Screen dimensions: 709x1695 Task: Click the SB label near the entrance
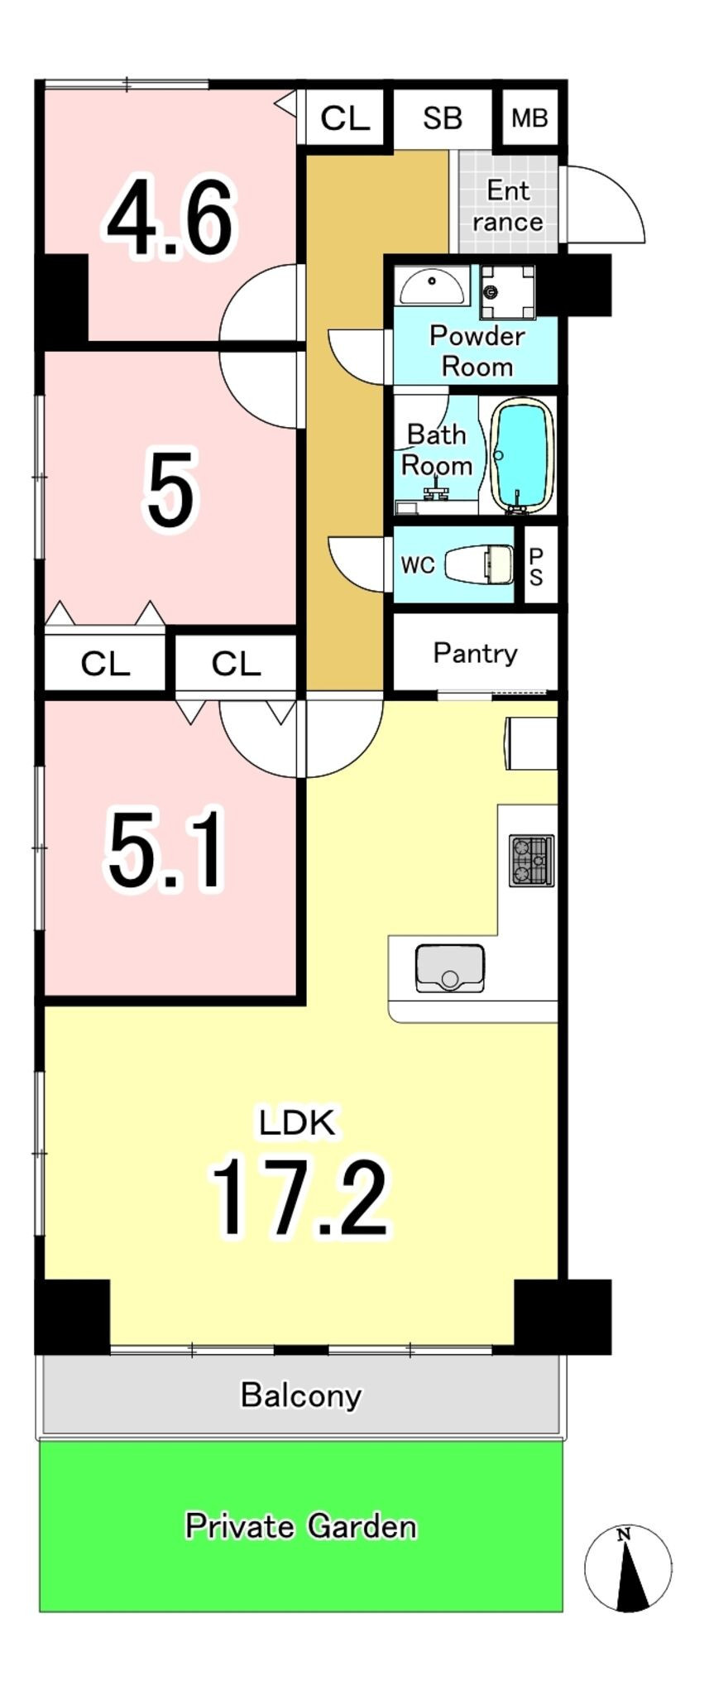(442, 118)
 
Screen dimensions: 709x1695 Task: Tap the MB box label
(529, 118)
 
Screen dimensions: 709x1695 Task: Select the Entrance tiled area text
(507, 206)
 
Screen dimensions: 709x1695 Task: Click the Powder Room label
(477, 350)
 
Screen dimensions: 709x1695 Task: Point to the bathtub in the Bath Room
(522, 456)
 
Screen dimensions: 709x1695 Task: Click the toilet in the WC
(479, 564)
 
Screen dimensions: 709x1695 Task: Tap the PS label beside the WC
(536, 567)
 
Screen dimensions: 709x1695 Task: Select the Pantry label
(475, 653)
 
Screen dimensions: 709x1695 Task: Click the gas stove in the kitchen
(531, 861)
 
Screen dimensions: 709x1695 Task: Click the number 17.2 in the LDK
(299, 1197)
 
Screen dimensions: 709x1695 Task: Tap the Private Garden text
(300, 1525)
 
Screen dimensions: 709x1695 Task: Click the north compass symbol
(628, 1568)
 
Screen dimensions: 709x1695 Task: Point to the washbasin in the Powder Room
(431, 286)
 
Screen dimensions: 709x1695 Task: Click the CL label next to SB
(344, 118)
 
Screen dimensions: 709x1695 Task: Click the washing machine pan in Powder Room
(507, 291)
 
